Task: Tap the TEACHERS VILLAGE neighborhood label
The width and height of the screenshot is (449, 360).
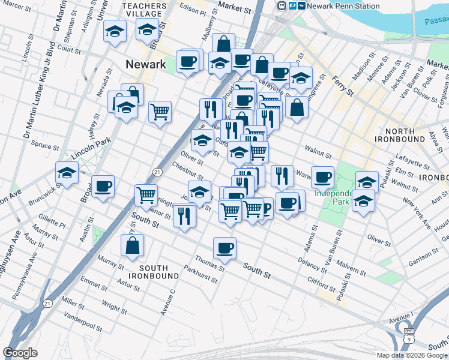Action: [x=142, y=10]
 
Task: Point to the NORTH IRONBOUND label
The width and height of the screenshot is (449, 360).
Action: [x=392, y=135]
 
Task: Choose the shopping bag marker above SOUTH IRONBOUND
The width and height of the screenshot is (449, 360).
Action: [x=132, y=246]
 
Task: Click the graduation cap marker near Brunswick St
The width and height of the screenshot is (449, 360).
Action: [x=67, y=173]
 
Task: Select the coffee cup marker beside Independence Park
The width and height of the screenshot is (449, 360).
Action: [x=322, y=178]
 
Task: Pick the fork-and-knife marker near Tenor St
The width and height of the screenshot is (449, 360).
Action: [x=184, y=215]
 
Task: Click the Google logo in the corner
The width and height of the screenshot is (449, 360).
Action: [x=20, y=353]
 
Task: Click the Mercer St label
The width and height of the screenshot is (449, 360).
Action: [x=16, y=5]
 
